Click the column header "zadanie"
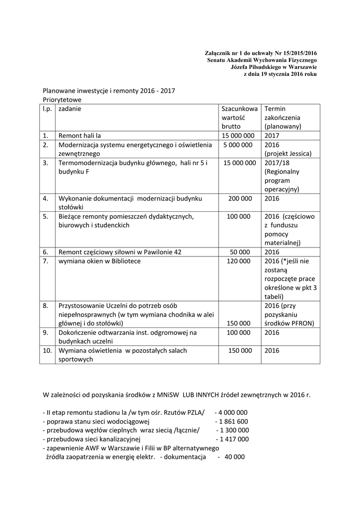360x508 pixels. coord(70,109)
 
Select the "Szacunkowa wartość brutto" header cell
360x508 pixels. coord(239,118)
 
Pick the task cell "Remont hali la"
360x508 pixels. coord(80,135)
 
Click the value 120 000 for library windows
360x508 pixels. coord(239,261)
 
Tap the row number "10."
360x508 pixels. coord(48,350)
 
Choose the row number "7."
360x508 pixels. coord(46,261)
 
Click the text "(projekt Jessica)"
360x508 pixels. coord(288,154)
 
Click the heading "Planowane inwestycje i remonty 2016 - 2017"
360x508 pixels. coord(109,91)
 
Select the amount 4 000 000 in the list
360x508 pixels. coord(233,412)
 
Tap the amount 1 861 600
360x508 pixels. coord(233,421)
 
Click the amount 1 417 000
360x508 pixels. coord(234,439)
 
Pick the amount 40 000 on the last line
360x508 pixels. coord(234,457)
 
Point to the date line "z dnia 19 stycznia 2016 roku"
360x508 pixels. coord(280,74)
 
